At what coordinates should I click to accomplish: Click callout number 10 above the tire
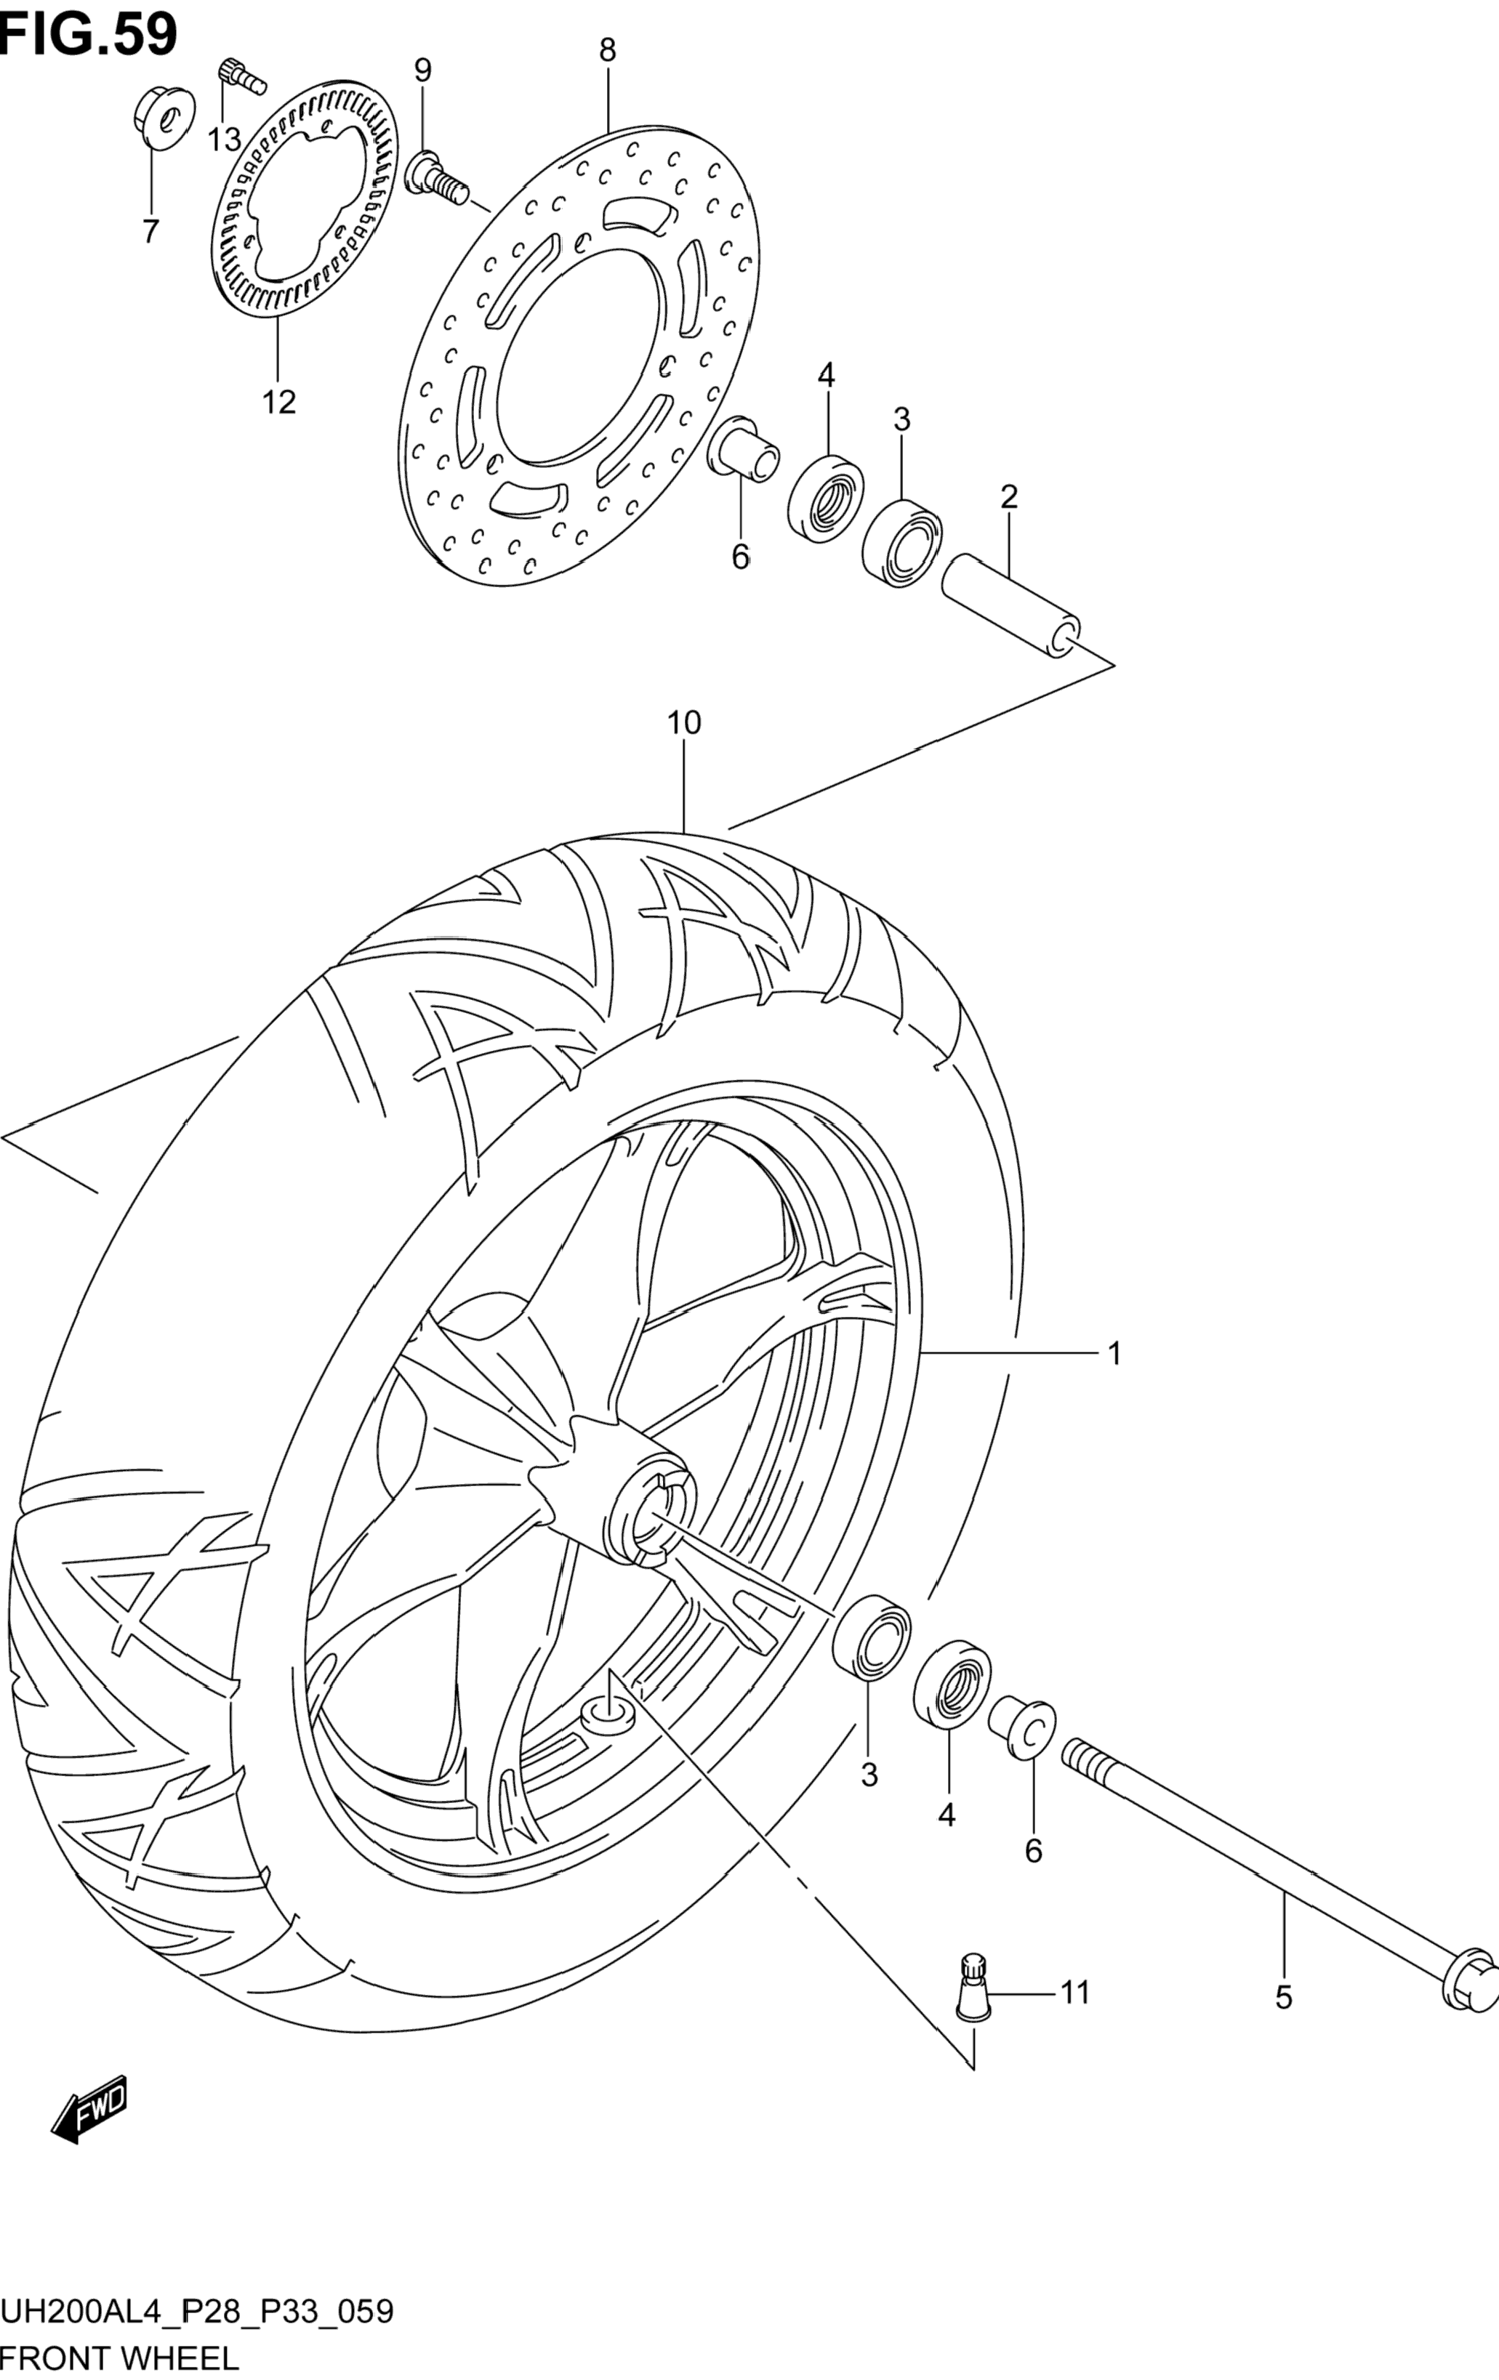point(683,724)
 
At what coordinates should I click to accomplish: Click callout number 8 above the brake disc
point(607,50)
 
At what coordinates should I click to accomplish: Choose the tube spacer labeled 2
point(1010,605)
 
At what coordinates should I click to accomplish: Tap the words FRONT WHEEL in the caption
point(120,2358)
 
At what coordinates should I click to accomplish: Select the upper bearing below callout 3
point(901,543)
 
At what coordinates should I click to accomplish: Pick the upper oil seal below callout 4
point(826,498)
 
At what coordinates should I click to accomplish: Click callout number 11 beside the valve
point(1074,1992)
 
